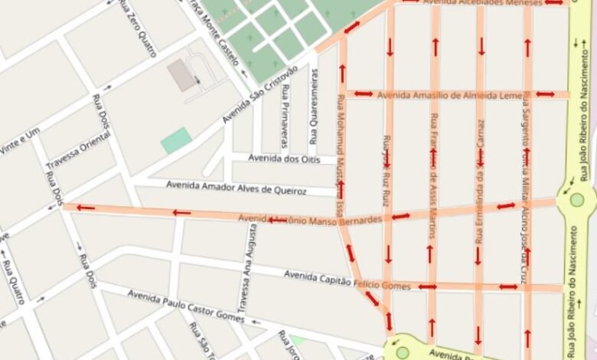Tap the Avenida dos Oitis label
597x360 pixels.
[x=282, y=159]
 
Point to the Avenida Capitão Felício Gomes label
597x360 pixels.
[x=347, y=280]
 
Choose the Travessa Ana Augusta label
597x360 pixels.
[x=246, y=267]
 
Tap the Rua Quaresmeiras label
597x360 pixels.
[x=314, y=106]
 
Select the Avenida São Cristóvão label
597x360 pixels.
[x=260, y=94]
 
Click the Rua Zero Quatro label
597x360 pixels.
[x=139, y=28]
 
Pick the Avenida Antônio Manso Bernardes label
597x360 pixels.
[x=310, y=220]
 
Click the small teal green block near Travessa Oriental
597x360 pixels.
[x=176, y=140]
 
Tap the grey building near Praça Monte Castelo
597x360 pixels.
[x=181, y=75]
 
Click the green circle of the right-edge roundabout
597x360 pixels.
[x=576, y=200]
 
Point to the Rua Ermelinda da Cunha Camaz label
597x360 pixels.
[x=480, y=181]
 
